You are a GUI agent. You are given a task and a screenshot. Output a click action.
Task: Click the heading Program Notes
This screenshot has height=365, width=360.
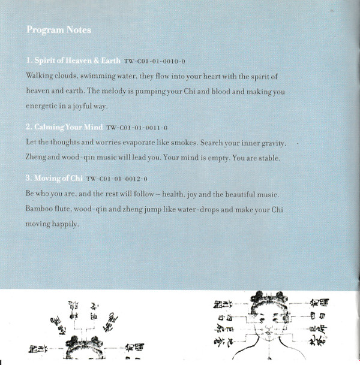[59, 30]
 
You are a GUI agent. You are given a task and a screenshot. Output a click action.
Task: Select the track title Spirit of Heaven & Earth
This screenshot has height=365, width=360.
[73, 61]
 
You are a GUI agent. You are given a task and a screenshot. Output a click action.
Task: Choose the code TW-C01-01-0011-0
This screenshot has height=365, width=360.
[136, 128]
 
